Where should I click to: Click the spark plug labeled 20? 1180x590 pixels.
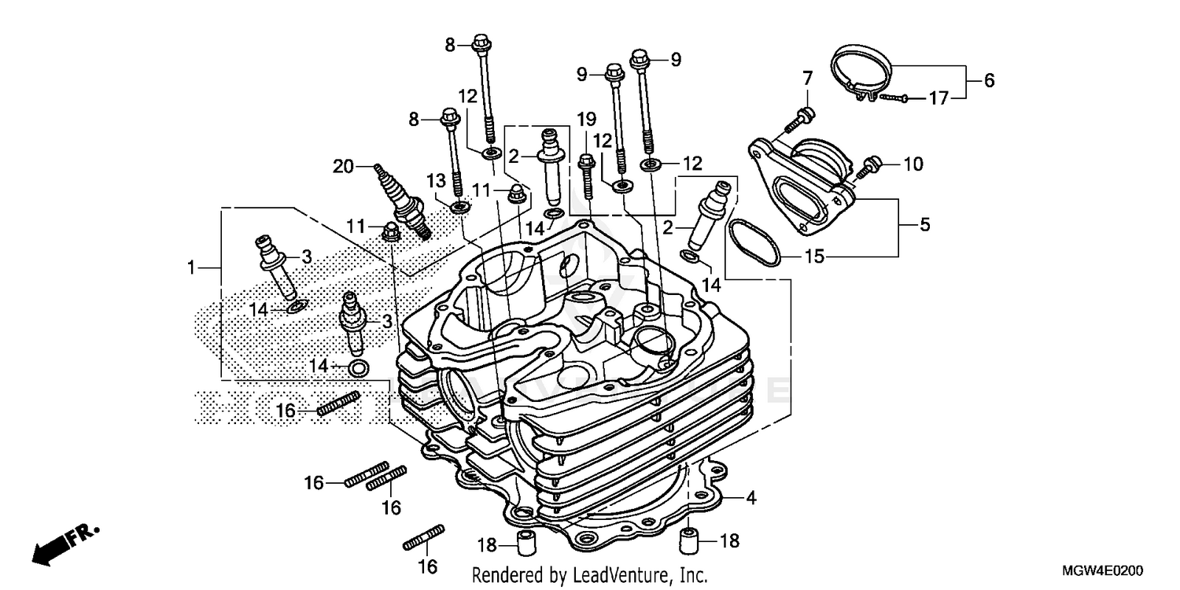point(403,199)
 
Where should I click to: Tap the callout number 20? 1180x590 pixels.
point(343,166)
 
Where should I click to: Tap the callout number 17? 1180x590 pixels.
point(938,98)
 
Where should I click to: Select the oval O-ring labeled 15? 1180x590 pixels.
point(754,242)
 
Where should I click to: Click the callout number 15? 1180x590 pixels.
point(814,256)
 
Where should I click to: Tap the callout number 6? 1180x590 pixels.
point(989,79)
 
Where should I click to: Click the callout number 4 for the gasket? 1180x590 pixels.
point(750,497)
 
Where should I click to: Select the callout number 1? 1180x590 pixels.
point(190,268)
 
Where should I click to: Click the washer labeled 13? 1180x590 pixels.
point(460,207)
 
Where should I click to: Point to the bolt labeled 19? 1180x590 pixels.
point(587,176)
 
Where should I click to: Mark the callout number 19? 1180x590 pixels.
point(586,120)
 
